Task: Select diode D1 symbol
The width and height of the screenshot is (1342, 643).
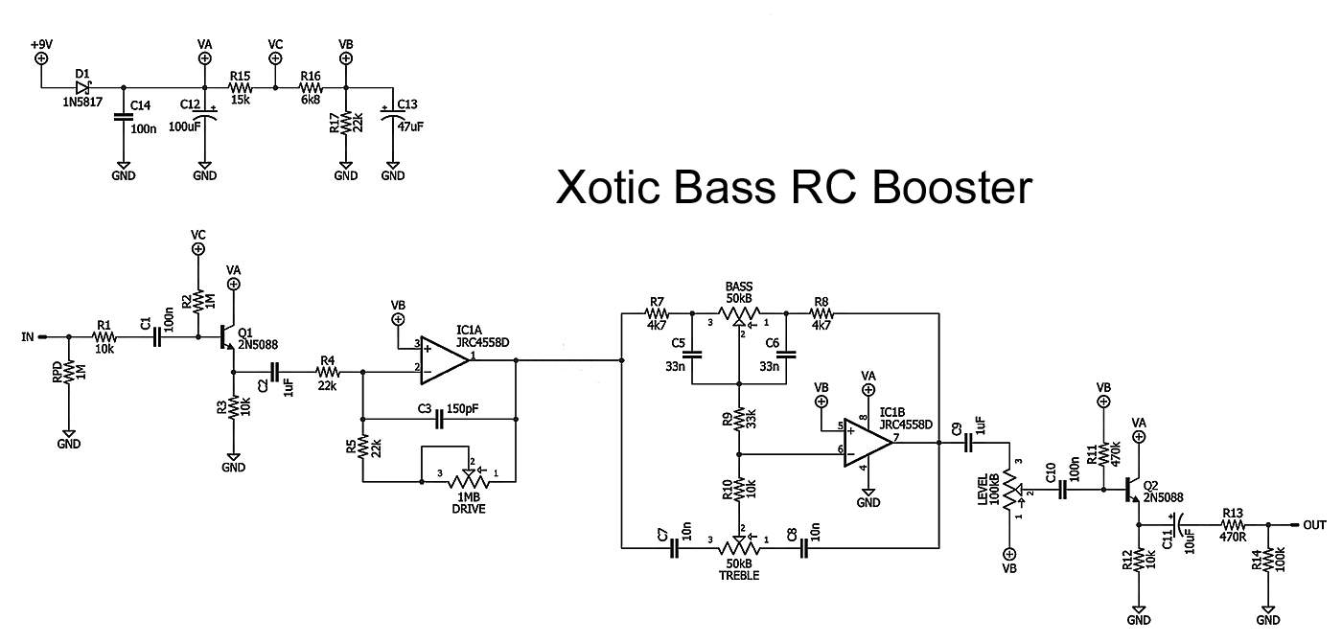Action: pyautogui.click(x=84, y=88)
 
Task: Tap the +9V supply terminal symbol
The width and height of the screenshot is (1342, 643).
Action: pyautogui.click(x=41, y=58)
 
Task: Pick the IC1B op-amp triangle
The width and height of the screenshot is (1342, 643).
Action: pyautogui.click(x=868, y=443)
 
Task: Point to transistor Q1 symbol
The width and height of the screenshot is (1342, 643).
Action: pyautogui.click(x=227, y=338)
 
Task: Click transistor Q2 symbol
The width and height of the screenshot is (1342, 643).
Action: pyautogui.click(x=1132, y=491)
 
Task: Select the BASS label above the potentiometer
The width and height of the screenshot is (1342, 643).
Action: pyautogui.click(x=739, y=287)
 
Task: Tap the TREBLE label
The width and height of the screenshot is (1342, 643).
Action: pyautogui.click(x=739, y=576)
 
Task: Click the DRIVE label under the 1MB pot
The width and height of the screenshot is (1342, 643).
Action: pyautogui.click(x=469, y=509)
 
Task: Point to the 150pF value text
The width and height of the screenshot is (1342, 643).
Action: pyautogui.click(x=462, y=409)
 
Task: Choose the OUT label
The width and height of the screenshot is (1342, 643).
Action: pyautogui.click(x=1314, y=525)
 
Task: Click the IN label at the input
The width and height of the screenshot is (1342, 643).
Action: pyautogui.click(x=28, y=337)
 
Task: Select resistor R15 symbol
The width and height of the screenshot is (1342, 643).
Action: pyautogui.click(x=240, y=88)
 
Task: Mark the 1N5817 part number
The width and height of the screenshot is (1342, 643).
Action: pyautogui.click(x=82, y=102)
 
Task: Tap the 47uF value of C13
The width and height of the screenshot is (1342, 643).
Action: pyautogui.click(x=410, y=126)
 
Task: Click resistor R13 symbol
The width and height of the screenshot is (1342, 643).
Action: pyautogui.click(x=1233, y=525)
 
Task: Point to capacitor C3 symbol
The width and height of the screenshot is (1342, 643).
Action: pyautogui.click(x=440, y=419)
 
